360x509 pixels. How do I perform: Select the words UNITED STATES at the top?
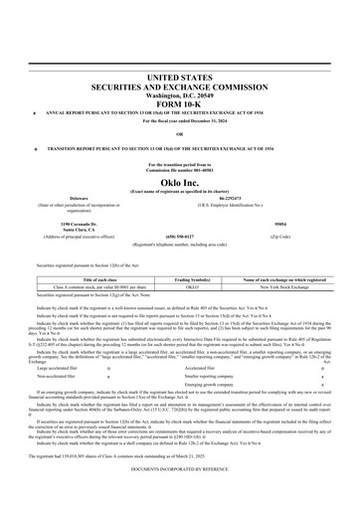coord(179,77)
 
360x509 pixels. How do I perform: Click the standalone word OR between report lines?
coord(179,133)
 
